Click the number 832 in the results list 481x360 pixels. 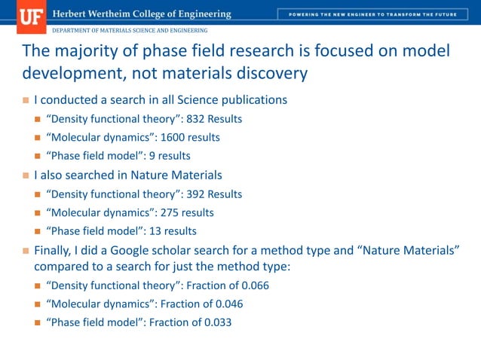[x=195, y=119]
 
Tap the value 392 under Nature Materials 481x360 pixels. [x=195, y=194]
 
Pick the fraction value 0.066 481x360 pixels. [x=254, y=285]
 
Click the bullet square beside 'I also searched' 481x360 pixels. [x=26, y=175]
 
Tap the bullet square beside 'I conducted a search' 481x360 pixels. [x=26, y=100]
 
